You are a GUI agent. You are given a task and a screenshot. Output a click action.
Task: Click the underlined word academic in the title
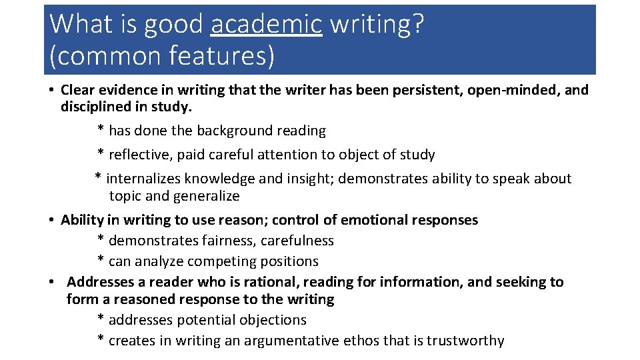tap(266, 25)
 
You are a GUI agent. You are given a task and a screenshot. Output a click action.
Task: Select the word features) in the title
tap(221, 55)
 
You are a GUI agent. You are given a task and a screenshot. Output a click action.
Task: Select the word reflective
tap(139, 155)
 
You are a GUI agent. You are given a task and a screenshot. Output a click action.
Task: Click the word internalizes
tap(144, 179)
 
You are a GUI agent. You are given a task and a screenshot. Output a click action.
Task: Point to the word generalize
tap(206, 196)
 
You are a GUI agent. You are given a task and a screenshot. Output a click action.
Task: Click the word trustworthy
tap(465, 341)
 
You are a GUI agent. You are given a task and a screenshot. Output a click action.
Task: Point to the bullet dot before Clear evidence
tap(51, 90)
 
